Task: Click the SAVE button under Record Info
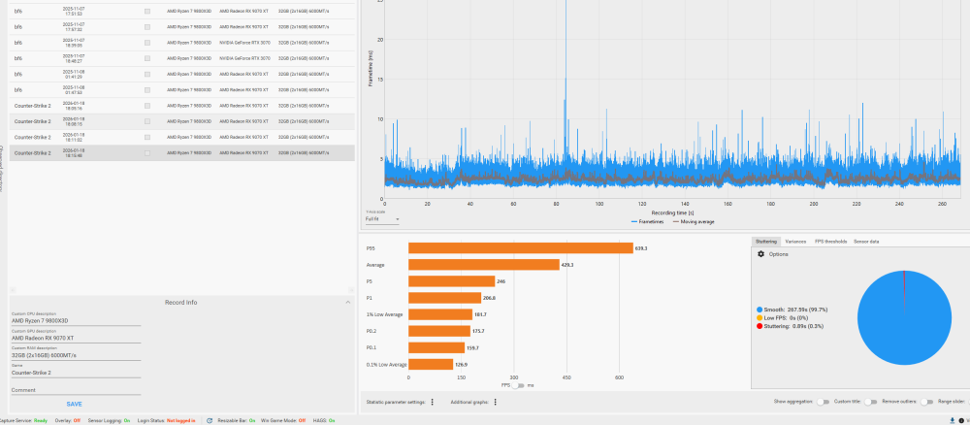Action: click(x=74, y=404)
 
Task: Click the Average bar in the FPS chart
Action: click(x=483, y=264)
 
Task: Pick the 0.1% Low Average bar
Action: click(x=431, y=364)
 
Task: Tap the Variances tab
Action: click(x=795, y=241)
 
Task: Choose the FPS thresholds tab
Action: click(x=830, y=241)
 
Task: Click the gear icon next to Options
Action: click(x=760, y=254)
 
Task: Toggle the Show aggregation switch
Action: click(x=823, y=402)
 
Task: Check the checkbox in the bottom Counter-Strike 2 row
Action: click(x=147, y=152)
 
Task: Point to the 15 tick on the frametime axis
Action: click(x=379, y=80)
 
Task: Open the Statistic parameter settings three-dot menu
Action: click(x=432, y=402)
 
